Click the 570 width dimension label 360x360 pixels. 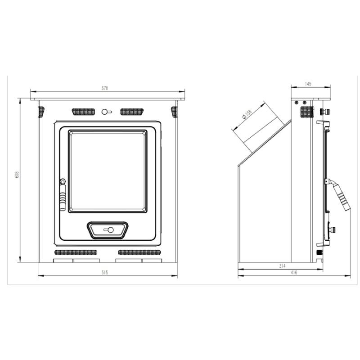pyautogui.click(x=105, y=89)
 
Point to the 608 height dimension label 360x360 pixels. pyautogui.click(x=17, y=175)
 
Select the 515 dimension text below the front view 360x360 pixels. pyautogui.click(x=105, y=273)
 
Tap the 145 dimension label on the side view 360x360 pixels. pyautogui.click(x=308, y=84)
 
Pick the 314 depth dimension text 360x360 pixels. pyautogui.click(x=282, y=266)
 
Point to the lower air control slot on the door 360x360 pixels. pyautogui.click(x=108, y=230)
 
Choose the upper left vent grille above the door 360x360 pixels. pyautogui.click(x=83, y=111)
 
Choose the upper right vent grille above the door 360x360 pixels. pyautogui.click(x=131, y=111)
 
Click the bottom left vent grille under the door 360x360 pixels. pyautogui.click(x=75, y=252)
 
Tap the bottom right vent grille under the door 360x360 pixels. pyautogui.click(x=139, y=252)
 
